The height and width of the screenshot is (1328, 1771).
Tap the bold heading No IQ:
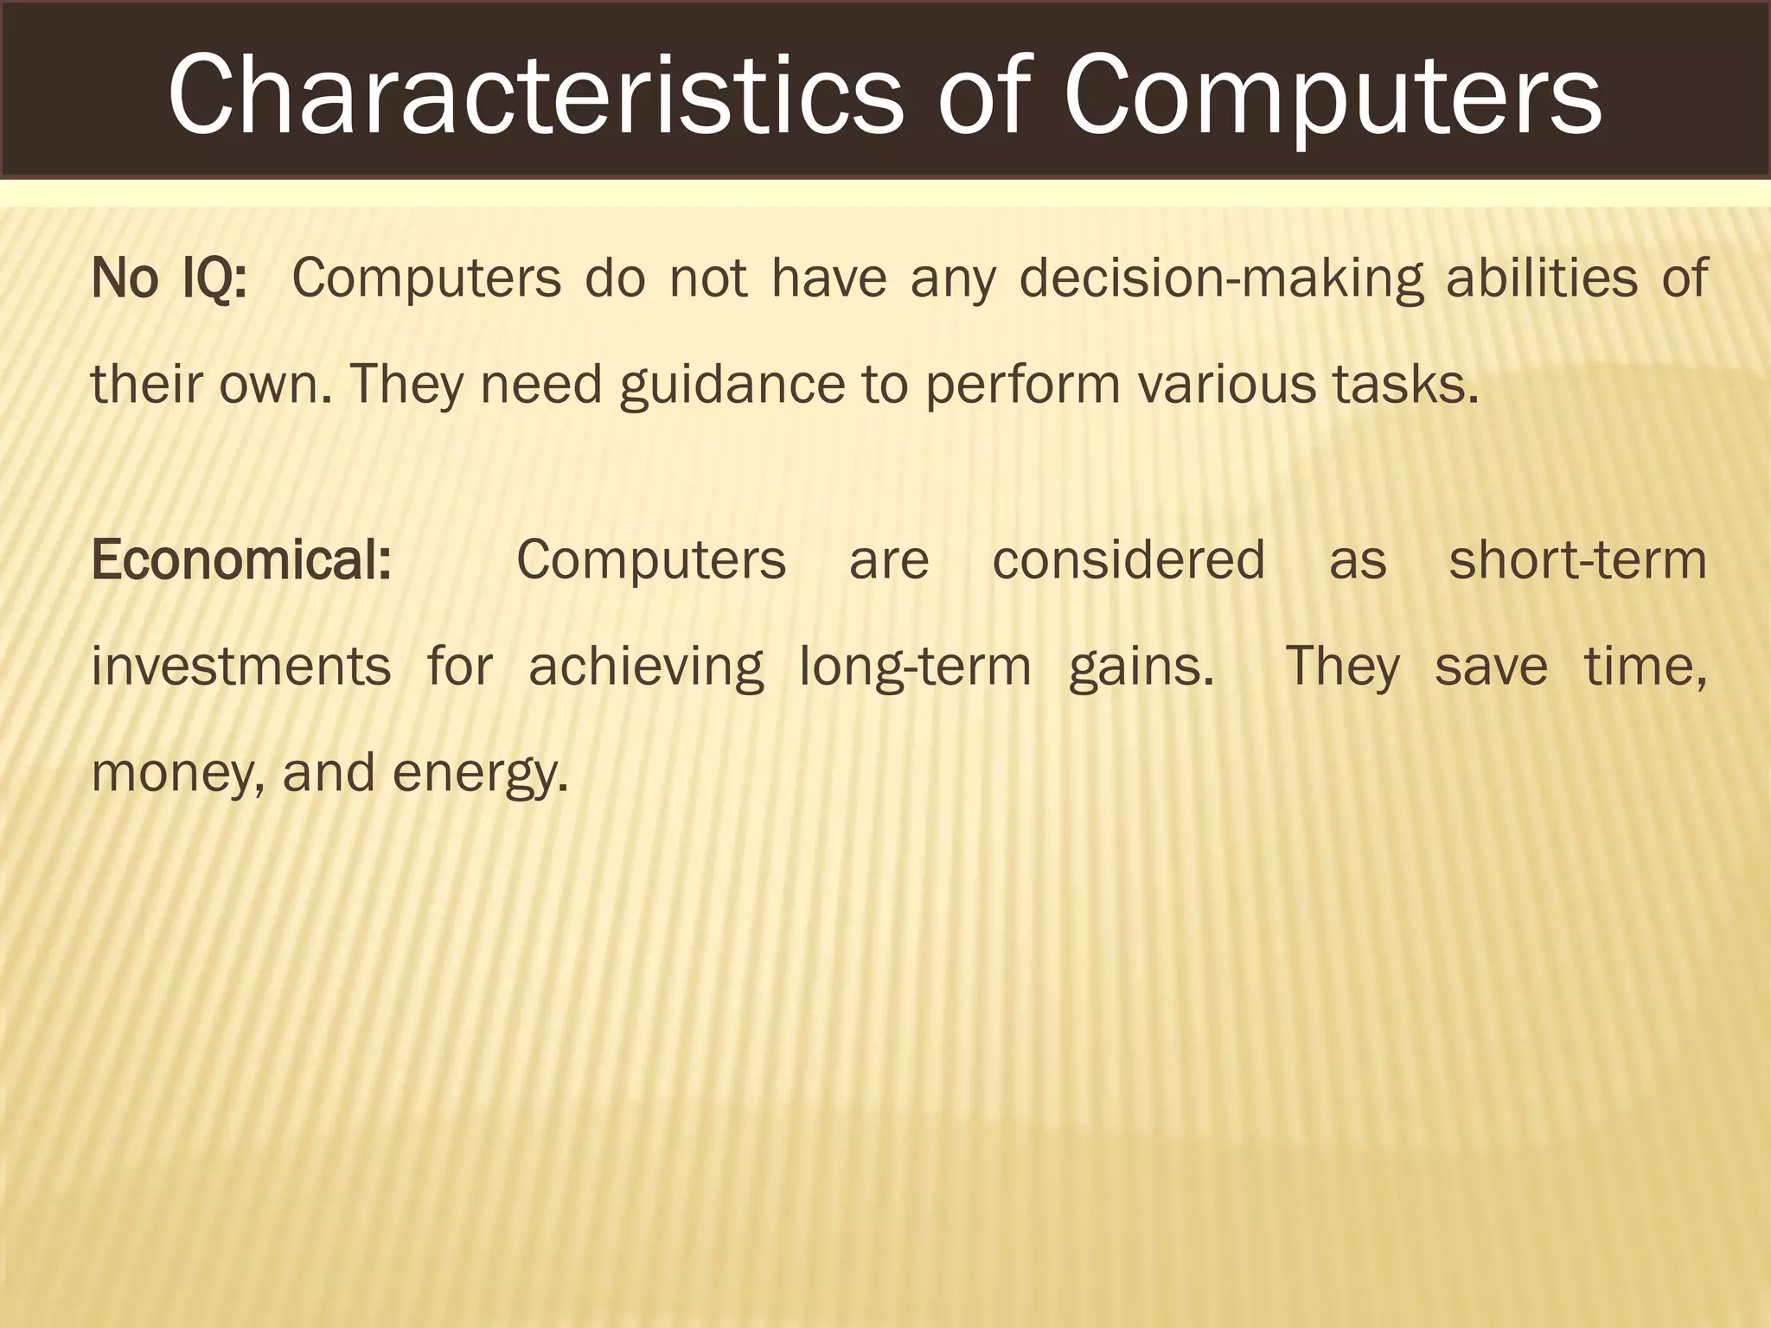click(169, 278)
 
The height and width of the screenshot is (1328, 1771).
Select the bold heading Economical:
click(241, 559)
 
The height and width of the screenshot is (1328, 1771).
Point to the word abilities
click(1542, 278)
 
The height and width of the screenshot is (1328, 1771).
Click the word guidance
click(732, 385)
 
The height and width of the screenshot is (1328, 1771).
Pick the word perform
click(1023, 385)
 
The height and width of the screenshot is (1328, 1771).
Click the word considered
click(1128, 559)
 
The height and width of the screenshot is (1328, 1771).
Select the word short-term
click(1578, 559)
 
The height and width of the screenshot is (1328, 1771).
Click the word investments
click(241, 667)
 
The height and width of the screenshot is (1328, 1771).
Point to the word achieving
click(646, 667)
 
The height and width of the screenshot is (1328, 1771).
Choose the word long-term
click(915, 667)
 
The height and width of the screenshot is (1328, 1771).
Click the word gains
click(1141, 667)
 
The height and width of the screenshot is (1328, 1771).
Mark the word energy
click(480, 773)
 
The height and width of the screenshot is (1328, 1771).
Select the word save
click(1491, 667)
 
